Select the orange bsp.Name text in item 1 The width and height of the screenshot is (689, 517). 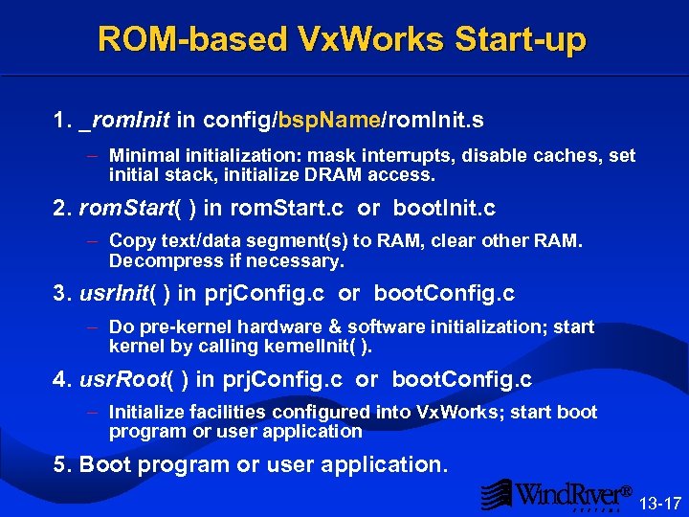pyautogui.click(x=330, y=120)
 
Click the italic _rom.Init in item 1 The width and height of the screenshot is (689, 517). pyautogui.click(x=125, y=120)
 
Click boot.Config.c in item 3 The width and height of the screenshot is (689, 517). pyautogui.click(x=444, y=293)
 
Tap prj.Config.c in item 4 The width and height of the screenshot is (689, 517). pyautogui.click(x=281, y=379)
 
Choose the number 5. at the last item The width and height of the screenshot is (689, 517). pyautogui.click(x=63, y=464)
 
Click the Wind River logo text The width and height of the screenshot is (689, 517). pyautogui.click(x=570, y=494)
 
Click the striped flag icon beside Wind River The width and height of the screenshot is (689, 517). pyautogui.click(x=497, y=494)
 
